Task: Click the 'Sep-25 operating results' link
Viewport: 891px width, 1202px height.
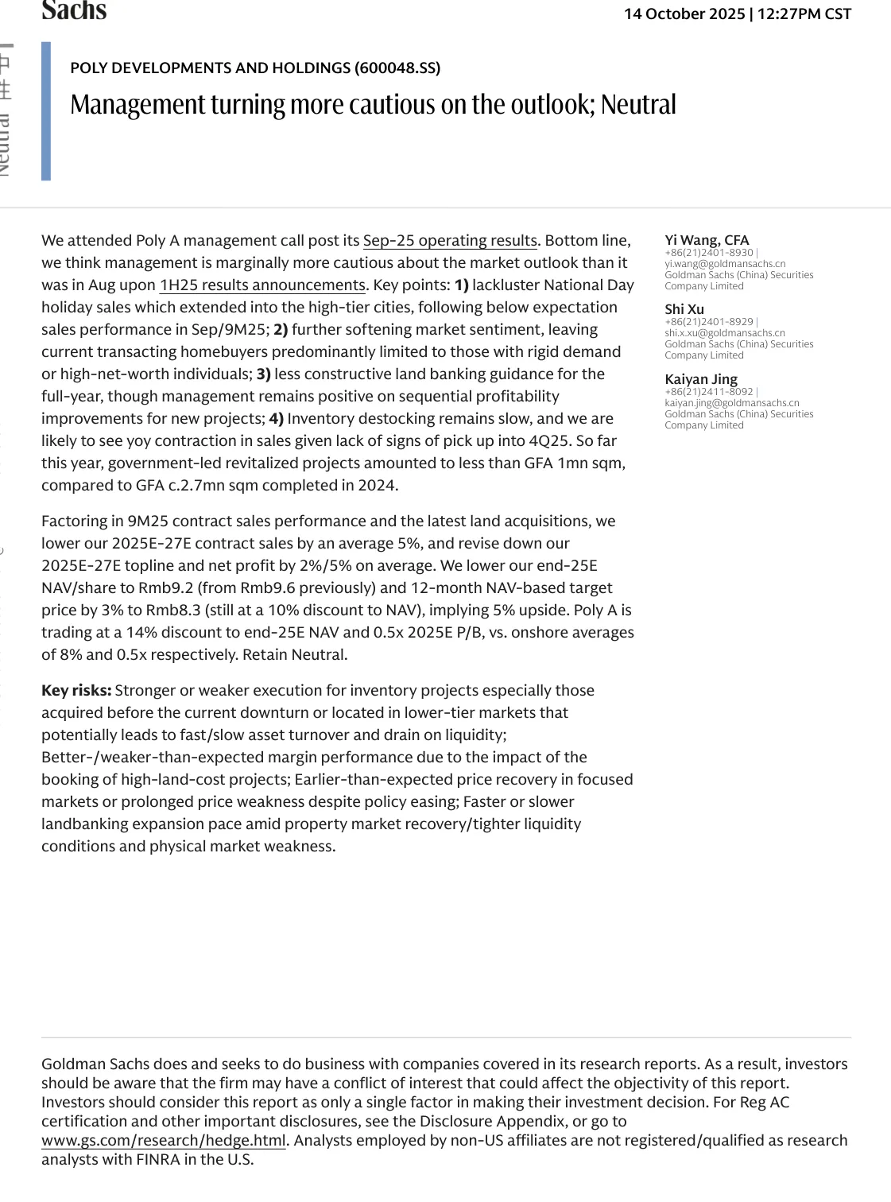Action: [x=450, y=240]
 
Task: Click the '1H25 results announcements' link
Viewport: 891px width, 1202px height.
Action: [x=261, y=285]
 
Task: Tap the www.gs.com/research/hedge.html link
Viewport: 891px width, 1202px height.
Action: [x=163, y=1140]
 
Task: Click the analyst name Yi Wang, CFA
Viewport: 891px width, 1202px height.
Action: [x=707, y=240]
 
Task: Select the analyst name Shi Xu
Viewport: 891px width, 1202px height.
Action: [x=684, y=309]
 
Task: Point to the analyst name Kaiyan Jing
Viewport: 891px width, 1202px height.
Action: [x=701, y=379]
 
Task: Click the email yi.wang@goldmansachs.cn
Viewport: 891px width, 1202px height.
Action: [x=725, y=264]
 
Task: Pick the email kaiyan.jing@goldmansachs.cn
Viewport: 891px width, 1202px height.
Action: [x=732, y=403]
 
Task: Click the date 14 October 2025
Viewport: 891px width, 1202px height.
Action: [x=684, y=14]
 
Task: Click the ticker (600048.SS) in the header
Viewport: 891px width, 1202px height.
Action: [x=398, y=68]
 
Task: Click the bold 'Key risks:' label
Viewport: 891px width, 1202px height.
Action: [x=76, y=690]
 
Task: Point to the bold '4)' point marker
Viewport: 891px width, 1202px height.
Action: [x=276, y=418]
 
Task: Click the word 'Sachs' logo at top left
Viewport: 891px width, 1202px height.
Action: [x=74, y=10]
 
